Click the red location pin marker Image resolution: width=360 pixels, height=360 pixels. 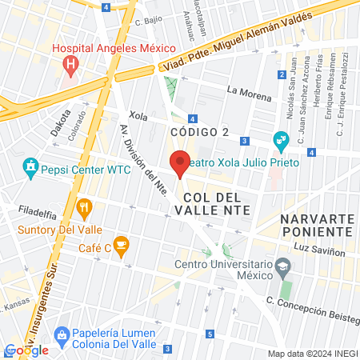click(x=180, y=162)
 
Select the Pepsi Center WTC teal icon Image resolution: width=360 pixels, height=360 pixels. click(x=31, y=169)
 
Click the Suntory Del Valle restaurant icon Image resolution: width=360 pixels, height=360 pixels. click(x=84, y=210)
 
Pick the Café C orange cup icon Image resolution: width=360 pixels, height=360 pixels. click(x=121, y=243)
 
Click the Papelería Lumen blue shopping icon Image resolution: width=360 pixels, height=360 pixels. click(x=59, y=334)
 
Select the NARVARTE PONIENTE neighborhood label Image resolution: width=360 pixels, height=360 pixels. click(x=316, y=224)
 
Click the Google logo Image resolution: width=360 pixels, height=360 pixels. click(x=26, y=350)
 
